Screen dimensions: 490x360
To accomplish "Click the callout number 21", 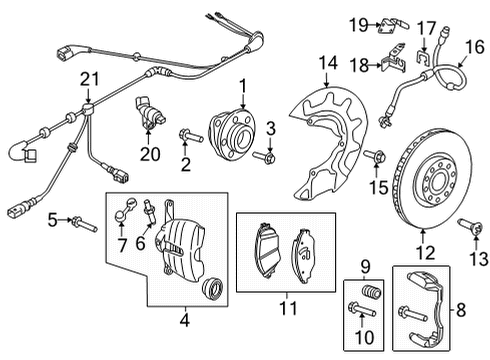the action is pyautogui.click(x=89, y=79).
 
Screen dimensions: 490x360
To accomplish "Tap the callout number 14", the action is pyautogui.click(x=328, y=63).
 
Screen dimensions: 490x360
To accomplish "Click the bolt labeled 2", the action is pyautogui.click(x=191, y=136).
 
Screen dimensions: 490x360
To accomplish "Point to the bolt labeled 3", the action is pyautogui.click(x=264, y=156).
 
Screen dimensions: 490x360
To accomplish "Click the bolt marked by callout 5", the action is pyautogui.click(x=84, y=224).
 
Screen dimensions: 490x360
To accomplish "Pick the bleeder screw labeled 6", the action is pyautogui.click(x=150, y=211).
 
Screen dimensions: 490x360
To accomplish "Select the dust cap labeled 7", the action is pyautogui.click(x=125, y=210).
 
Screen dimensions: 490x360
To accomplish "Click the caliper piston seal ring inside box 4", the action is pyautogui.click(x=213, y=288).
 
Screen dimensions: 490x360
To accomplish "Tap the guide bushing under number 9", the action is pyautogui.click(x=371, y=292).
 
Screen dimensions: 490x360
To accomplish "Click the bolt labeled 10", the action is pyautogui.click(x=362, y=309).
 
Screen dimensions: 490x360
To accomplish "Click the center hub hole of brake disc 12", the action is pyautogui.click(x=437, y=183).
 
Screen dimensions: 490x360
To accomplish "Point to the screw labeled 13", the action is pyautogui.click(x=470, y=227).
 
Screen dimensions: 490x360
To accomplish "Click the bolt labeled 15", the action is pyautogui.click(x=374, y=156).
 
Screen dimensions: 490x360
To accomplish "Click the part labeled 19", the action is pyautogui.click(x=393, y=25).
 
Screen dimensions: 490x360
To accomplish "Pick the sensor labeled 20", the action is pyautogui.click(x=149, y=113).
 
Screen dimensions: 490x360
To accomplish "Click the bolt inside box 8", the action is pyautogui.click(x=413, y=313).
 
